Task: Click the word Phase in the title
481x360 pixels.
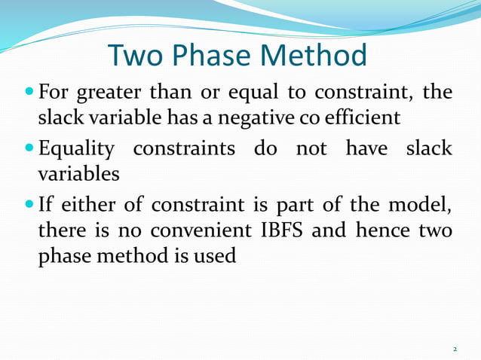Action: pos(202,56)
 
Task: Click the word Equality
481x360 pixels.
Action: pos(76,150)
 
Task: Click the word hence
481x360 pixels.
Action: pos(377,230)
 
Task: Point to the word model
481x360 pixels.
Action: pos(422,205)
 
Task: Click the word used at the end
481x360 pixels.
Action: pos(217,256)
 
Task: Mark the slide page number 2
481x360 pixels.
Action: pos(455,349)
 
